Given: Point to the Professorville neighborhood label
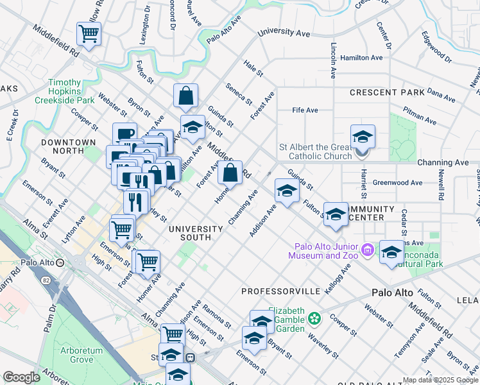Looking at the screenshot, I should coord(280,291).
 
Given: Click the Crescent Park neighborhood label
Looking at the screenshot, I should coord(387,92).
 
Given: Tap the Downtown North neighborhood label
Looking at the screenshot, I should coord(68,146).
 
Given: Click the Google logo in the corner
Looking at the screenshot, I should coord(21,377).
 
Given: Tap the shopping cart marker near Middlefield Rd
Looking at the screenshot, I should coord(89,33).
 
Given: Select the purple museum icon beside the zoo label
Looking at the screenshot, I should coord(367,249).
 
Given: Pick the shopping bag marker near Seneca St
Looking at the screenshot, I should coord(185,96).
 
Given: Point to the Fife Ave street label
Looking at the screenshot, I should coord(305,110).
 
